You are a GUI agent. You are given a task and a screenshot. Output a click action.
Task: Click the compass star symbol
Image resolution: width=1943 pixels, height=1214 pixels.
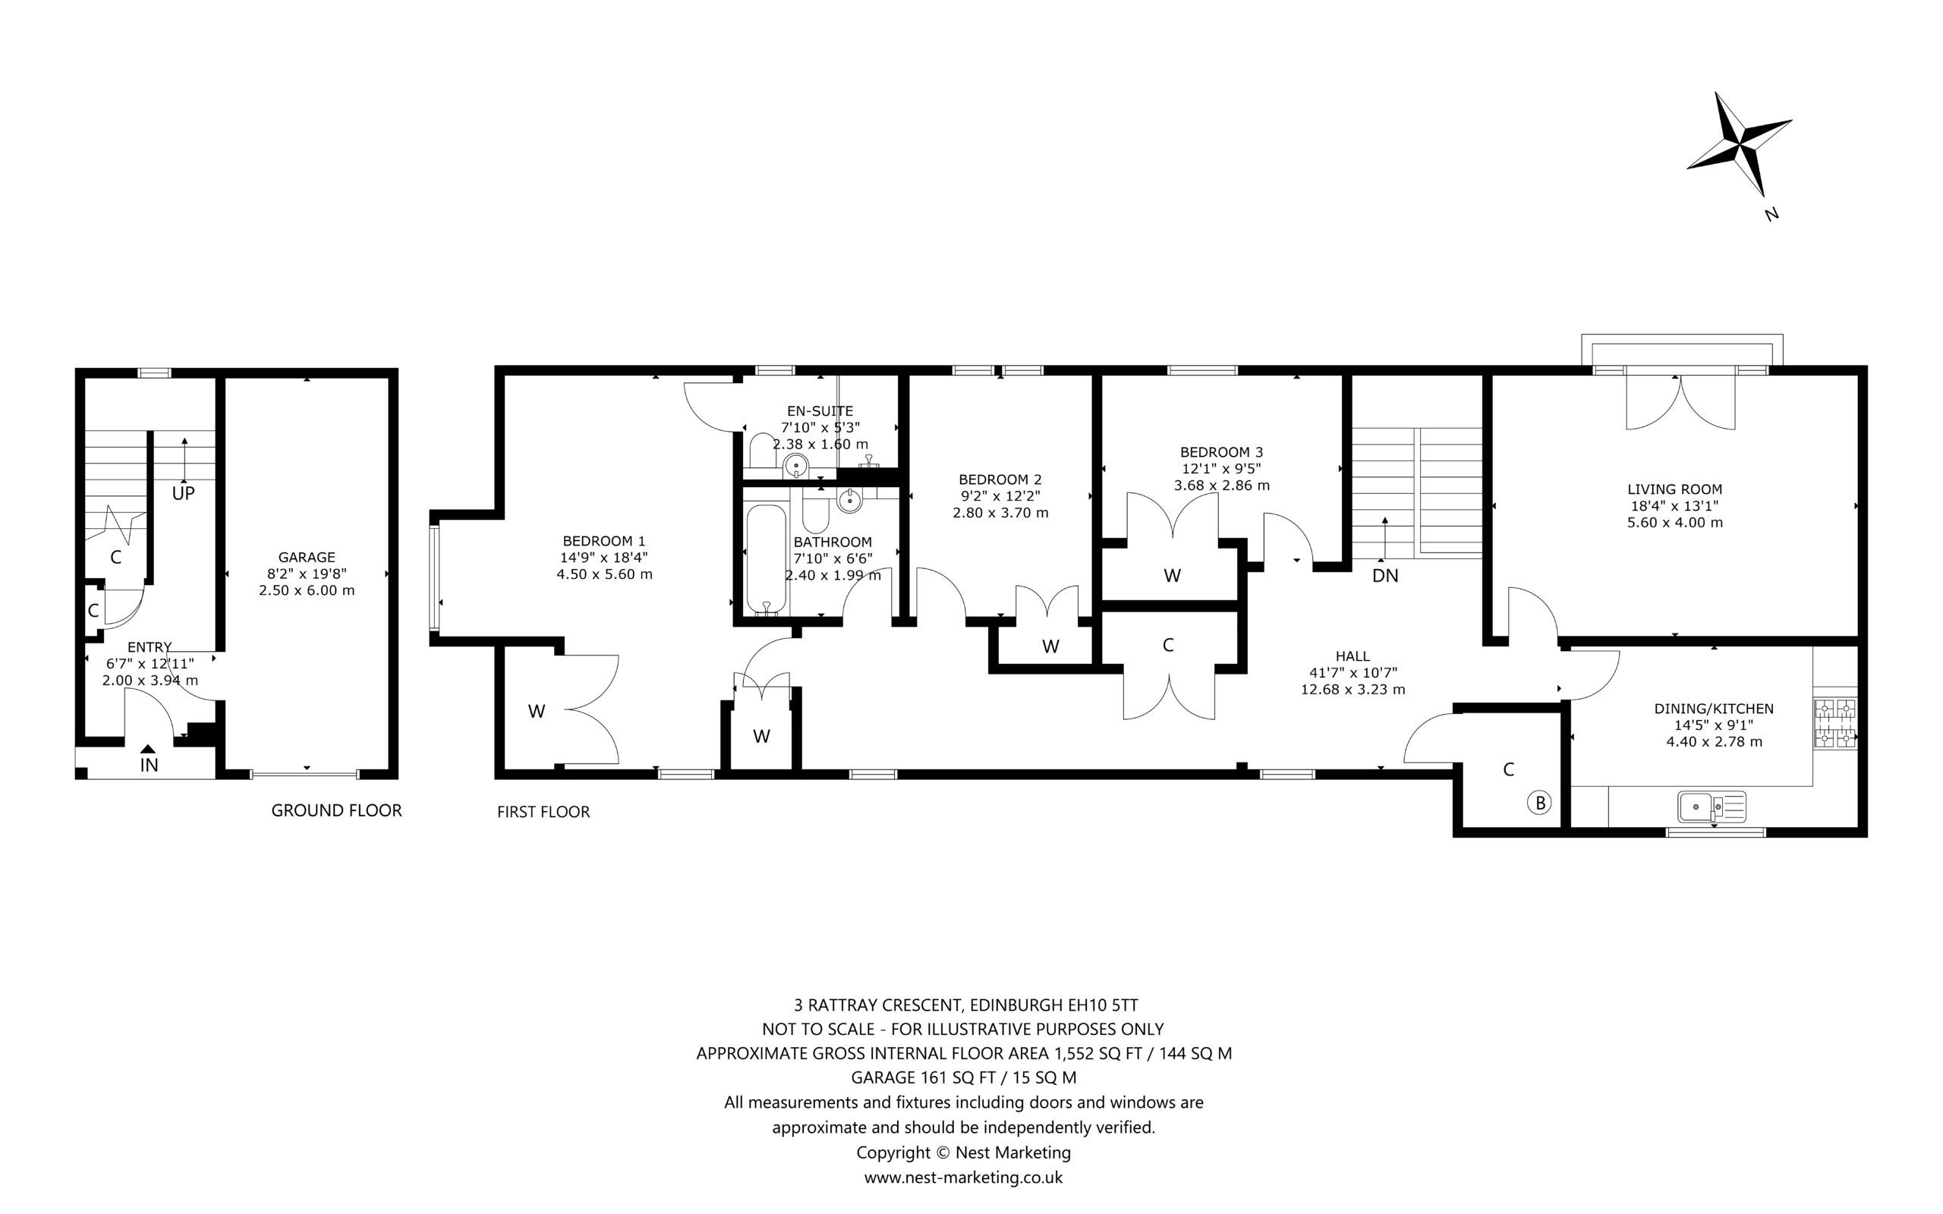pos(1738,144)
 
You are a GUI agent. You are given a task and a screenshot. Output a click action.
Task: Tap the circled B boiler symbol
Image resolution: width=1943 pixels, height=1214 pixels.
pos(1539,802)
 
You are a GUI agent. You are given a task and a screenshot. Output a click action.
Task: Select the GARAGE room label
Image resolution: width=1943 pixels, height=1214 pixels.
pos(306,556)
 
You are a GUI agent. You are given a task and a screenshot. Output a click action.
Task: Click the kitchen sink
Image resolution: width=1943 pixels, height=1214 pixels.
pos(1711,806)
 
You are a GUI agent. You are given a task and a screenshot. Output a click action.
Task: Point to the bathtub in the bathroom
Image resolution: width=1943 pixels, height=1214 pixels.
pos(766,559)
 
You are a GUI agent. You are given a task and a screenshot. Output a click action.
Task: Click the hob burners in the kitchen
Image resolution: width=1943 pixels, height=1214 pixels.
pos(1835,723)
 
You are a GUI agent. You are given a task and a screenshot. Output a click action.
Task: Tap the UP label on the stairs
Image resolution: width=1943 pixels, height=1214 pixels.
pos(183,493)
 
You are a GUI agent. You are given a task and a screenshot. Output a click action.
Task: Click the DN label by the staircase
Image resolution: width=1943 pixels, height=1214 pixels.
pos(1385,575)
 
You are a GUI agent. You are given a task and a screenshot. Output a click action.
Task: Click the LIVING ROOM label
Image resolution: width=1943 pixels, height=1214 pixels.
pos(1675,489)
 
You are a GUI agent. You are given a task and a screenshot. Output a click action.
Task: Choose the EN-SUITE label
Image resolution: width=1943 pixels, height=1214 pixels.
pos(820,411)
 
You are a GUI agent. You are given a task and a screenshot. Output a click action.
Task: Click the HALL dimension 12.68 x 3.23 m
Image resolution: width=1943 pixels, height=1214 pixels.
pos(1353,689)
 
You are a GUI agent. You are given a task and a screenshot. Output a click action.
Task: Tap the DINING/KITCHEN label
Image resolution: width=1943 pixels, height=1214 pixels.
pos(1713,709)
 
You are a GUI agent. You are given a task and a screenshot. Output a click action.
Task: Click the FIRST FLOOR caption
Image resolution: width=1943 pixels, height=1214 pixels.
pos(543,812)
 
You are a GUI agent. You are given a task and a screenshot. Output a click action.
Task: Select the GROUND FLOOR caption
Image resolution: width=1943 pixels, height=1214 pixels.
pos(336,810)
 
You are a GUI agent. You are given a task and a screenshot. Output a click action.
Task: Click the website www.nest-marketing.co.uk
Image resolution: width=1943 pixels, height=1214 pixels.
pos(963,1177)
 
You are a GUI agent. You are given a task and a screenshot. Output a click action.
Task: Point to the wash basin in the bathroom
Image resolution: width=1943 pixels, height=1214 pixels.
pos(849,500)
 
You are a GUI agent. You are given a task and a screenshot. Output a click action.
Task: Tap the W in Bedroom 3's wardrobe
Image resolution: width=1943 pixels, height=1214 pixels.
pos(1171,575)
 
